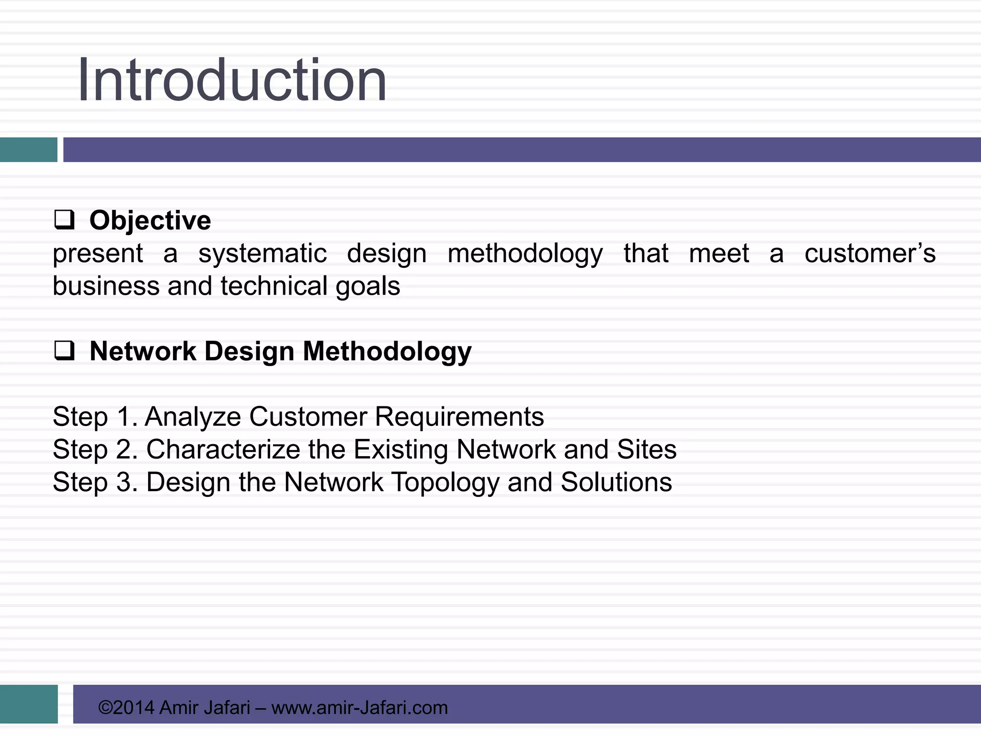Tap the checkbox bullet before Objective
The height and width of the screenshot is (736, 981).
[64, 220]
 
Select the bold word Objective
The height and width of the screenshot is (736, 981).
[150, 221]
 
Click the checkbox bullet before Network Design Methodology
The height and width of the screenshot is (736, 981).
[64, 351]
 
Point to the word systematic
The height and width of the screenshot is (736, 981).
[262, 254]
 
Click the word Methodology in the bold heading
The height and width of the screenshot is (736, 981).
[387, 352]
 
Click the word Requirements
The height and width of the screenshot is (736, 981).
[459, 416]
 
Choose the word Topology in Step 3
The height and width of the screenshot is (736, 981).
[445, 483]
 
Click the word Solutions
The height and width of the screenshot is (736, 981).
[616, 482]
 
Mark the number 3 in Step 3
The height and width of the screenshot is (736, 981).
[124, 482]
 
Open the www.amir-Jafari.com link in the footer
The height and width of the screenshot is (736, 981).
[359, 708]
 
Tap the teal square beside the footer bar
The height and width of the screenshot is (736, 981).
[29, 704]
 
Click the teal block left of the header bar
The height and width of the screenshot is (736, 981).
[28, 149]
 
